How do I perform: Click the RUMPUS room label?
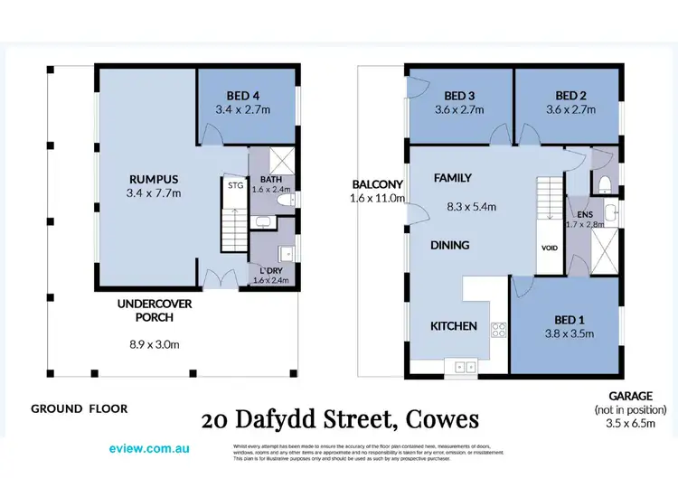146,178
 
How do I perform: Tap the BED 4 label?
242,94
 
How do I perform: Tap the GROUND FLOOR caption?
80,408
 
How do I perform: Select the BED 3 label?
459,95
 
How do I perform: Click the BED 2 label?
571,95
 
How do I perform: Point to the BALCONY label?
377,185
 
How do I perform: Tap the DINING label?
449,245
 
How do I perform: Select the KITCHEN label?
453,326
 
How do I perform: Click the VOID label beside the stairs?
549,247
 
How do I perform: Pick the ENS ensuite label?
575,213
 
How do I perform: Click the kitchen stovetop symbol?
496,331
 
